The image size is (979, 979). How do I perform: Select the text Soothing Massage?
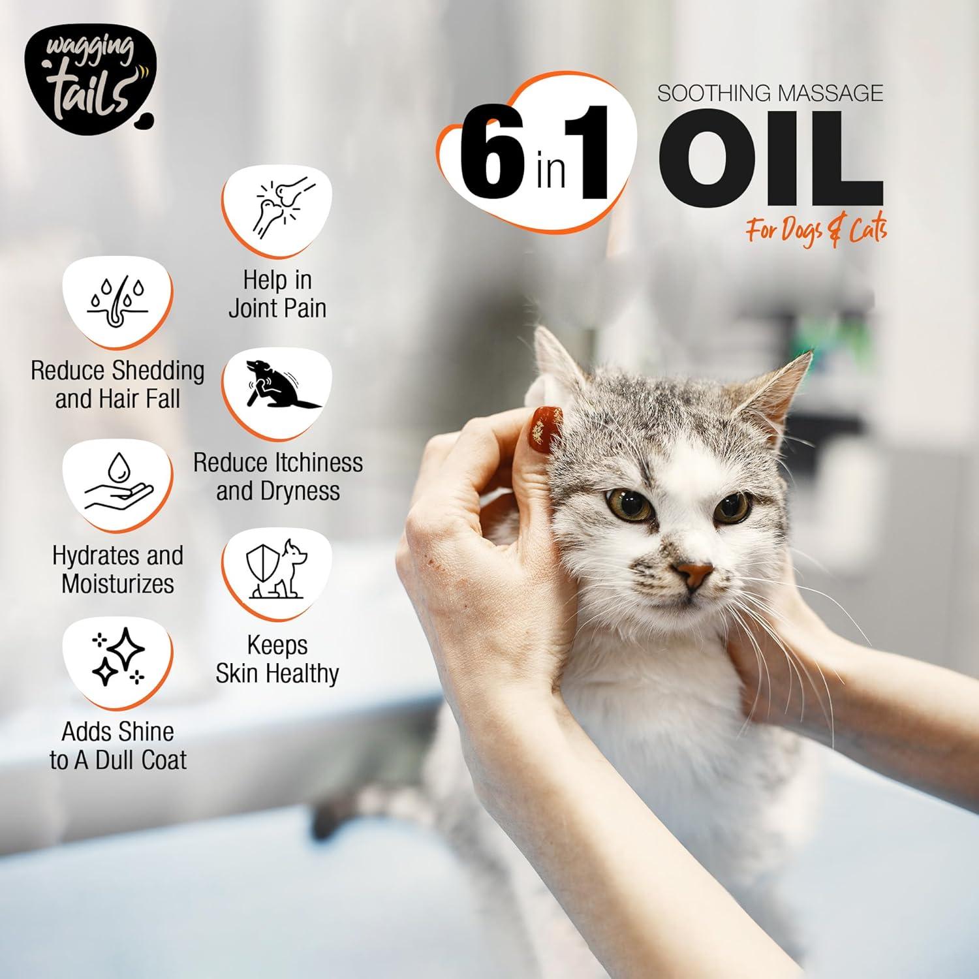(770, 93)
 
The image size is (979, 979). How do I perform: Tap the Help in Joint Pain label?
(277, 294)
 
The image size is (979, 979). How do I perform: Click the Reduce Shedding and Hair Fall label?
(117, 384)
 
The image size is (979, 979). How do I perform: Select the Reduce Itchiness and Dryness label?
(278, 476)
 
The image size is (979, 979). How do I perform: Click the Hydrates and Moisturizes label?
(117, 569)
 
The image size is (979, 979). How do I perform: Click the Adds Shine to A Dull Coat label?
(117, 745)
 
